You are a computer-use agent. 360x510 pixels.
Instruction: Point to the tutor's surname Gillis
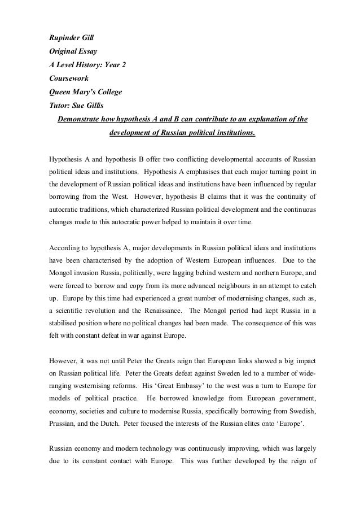pos(99,106)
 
